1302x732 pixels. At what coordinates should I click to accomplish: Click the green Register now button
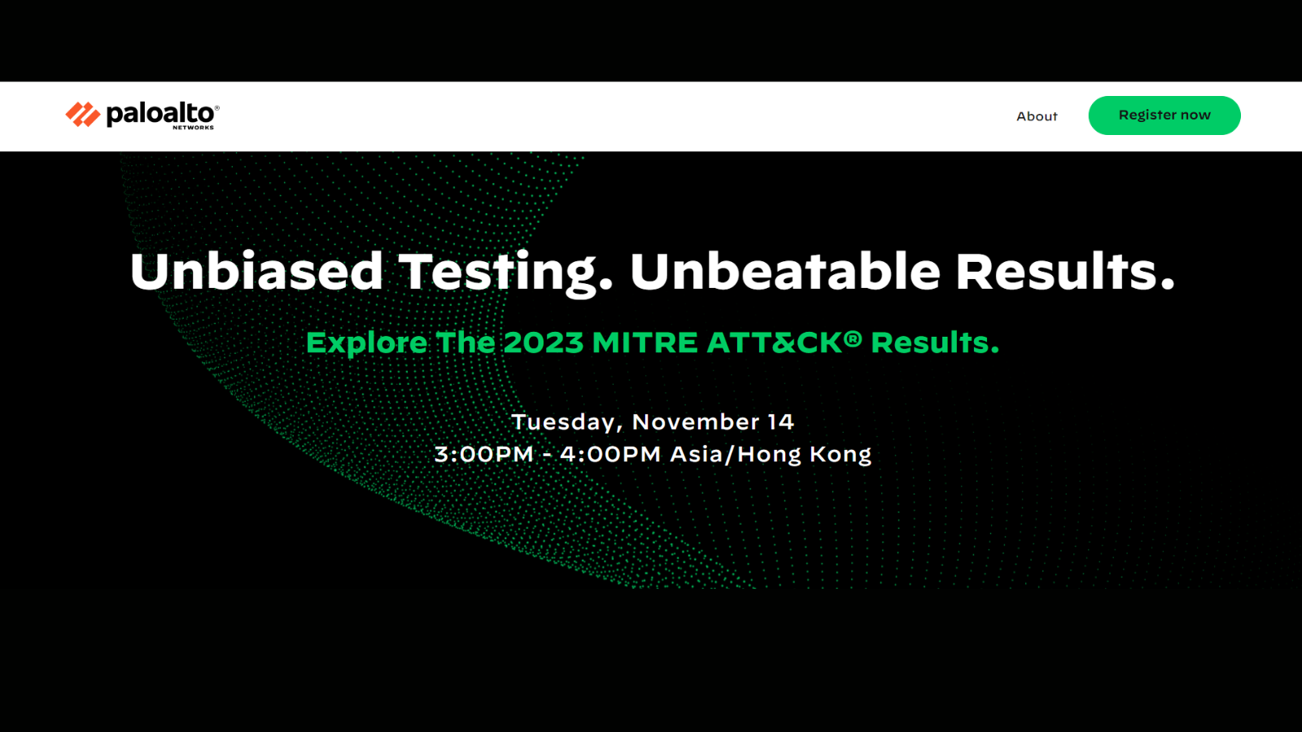(1164, 115)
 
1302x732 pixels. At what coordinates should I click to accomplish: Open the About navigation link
(1037, 116)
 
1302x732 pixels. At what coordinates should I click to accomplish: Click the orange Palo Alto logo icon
(82, 115)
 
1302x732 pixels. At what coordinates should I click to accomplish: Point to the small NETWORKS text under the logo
(193, 127)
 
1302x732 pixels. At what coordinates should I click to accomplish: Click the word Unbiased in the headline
(256, 272)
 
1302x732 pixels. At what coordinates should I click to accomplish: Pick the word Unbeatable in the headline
(784, 272)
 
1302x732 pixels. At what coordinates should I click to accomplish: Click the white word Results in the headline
(1065, 272)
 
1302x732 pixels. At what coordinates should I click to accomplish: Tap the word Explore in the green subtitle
(367, 342)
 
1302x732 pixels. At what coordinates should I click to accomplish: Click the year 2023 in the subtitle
(544, 342)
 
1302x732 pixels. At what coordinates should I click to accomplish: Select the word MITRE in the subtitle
(644, 342)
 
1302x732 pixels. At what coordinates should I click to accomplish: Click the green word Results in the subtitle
(935, 342)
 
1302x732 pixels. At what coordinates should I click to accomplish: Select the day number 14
(780, 422)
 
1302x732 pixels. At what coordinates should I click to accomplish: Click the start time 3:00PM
(483, 455)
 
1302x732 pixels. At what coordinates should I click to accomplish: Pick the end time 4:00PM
(610, 455)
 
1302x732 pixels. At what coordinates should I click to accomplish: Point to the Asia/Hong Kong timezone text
(771, 455)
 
